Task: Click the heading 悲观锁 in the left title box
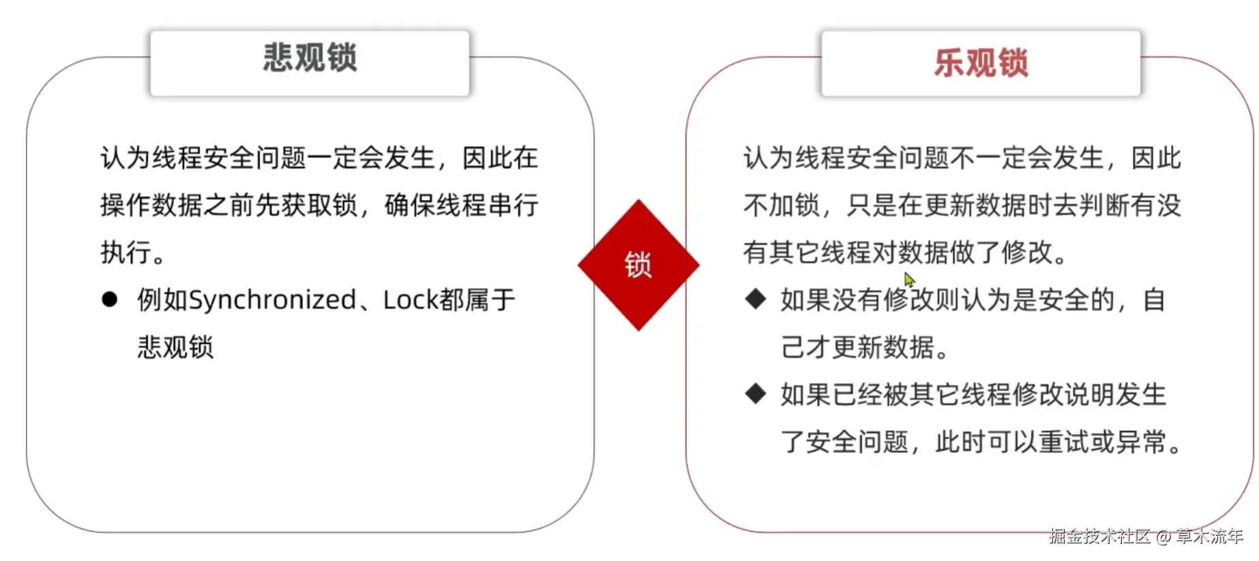click(x=310, y=57)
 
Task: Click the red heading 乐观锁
click(x=981, y=63)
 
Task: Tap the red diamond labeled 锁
click(x=638, y=265)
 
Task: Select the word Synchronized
click(x=272, y=300)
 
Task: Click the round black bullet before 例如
click(x=109, y=300)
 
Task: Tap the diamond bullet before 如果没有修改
click(x=755, y=299)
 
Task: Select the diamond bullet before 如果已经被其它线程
click(x=755, y=394)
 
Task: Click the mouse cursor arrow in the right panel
click(x=909, y=280)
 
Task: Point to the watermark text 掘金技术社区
click(x=1099, y=536)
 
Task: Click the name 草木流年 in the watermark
click(x=1210, y=536)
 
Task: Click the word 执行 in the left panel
click(x=126, y=253)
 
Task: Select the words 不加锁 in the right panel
click(x=782, y=205)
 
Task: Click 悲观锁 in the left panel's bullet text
click(x=176, y=347)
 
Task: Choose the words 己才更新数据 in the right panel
click(x=857, y=347)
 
